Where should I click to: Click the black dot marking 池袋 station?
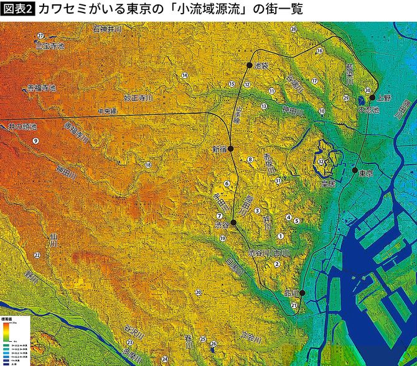[x=250, y=65]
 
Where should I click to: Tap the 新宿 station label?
[x=220, y=150]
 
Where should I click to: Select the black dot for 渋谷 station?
[x=233, y=222]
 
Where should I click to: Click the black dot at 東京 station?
[x=355, y=170]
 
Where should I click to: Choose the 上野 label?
[x=382, y=98]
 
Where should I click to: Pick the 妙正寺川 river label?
[x=138, y=98]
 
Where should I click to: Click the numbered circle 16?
[x=320, y=51]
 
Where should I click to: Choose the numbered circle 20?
[x=198, y=292]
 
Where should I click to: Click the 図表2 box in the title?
[x=17, y=9]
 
